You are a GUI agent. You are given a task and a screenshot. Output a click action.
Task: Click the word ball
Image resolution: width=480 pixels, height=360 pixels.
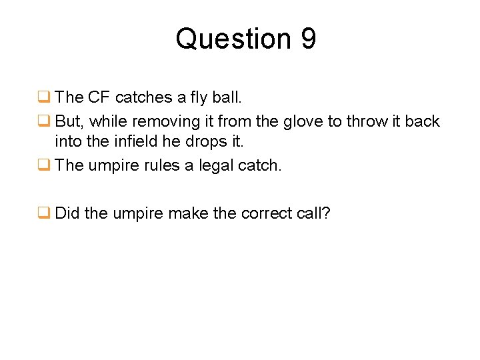click(x=228, y=97)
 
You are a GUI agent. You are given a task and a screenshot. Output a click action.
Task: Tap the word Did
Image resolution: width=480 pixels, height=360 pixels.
click(x=68, y=213)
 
